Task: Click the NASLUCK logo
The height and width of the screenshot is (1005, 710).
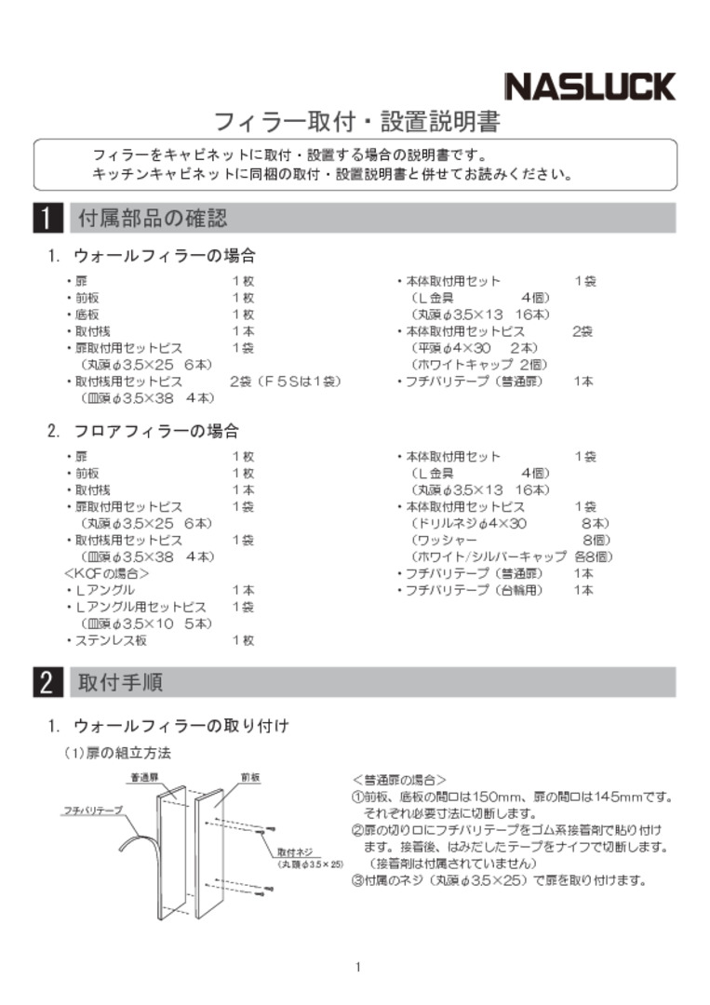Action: coord(590,86)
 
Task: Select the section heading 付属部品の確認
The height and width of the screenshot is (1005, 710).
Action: coord(153,219)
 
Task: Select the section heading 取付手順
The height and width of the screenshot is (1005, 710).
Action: coord(121,682)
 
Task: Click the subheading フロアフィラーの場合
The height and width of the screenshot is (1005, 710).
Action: coord(156,431)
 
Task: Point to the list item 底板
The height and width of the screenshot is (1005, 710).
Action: coord(87,315)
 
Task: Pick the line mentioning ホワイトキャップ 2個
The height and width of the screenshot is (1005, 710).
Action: coord(479,365)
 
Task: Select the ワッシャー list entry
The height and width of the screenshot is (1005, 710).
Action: coord(445,540)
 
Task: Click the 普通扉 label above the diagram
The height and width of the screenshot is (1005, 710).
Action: coord(144,776)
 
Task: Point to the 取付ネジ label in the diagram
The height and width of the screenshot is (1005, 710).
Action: coord(295,851)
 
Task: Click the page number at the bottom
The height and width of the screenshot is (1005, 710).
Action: coord(357,967)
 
